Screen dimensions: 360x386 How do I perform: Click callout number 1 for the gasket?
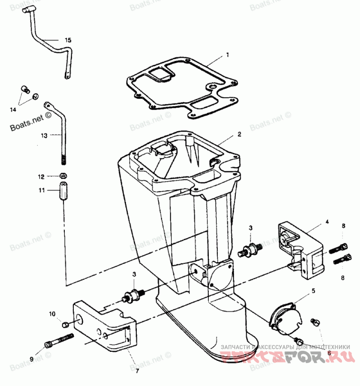pyautogui.click(x=228, y=55)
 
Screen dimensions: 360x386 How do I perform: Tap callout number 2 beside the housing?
pyautogui.click(x=240, y=134)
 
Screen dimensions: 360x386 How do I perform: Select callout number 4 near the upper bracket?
pyautogui.click(x=328, y=222)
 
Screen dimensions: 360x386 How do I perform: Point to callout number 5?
pyautogui.click(x=314, y=291)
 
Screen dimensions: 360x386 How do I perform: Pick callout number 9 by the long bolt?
pyautogui.click(x=31, y=359)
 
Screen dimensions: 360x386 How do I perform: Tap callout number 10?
pyautogui.click(x=52, y=313)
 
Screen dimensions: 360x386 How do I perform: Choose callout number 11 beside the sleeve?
pyautogui.click(x=41, y=191)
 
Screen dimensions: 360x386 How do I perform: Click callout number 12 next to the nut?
pyautogui.click(x=41, y=176)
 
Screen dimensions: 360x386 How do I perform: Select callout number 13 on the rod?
pyautogui.click(x=43, y=135)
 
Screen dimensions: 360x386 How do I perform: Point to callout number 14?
pyautogui.click(x=13, y=109)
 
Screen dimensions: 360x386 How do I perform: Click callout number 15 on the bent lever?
pyautogui.click(x=68, y=40)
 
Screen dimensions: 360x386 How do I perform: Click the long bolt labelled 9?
pyautogui.click(x=59, y=341)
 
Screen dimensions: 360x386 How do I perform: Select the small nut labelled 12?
pyautogui.click(x=64, y=175)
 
